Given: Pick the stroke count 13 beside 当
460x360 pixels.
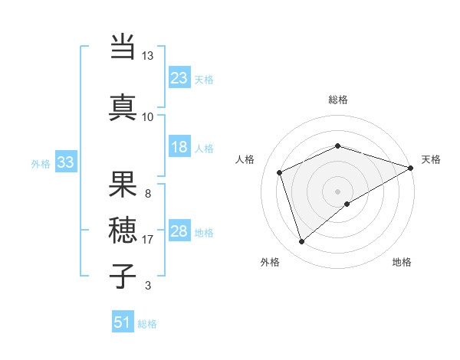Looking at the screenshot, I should point(147,56).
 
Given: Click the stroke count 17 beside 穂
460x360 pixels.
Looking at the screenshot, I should point(147,240).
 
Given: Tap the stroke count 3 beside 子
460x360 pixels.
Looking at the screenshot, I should point(147,286).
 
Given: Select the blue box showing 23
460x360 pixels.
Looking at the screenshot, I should point(179,78).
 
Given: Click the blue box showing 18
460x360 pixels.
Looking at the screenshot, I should point(179,147).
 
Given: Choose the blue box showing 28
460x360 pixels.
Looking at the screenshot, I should point(179,231).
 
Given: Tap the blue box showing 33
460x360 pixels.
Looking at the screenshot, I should point(65,162).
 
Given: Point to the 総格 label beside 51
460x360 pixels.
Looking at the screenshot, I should point(147,324).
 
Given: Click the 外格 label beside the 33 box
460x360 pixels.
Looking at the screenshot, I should point(41,164).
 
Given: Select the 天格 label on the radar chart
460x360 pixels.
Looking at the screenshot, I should point(431,159).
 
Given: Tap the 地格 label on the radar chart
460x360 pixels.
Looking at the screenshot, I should point(402,262).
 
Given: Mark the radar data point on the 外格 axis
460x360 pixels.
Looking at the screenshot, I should point(301,242).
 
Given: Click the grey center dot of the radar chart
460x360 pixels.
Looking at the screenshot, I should point(337,191).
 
